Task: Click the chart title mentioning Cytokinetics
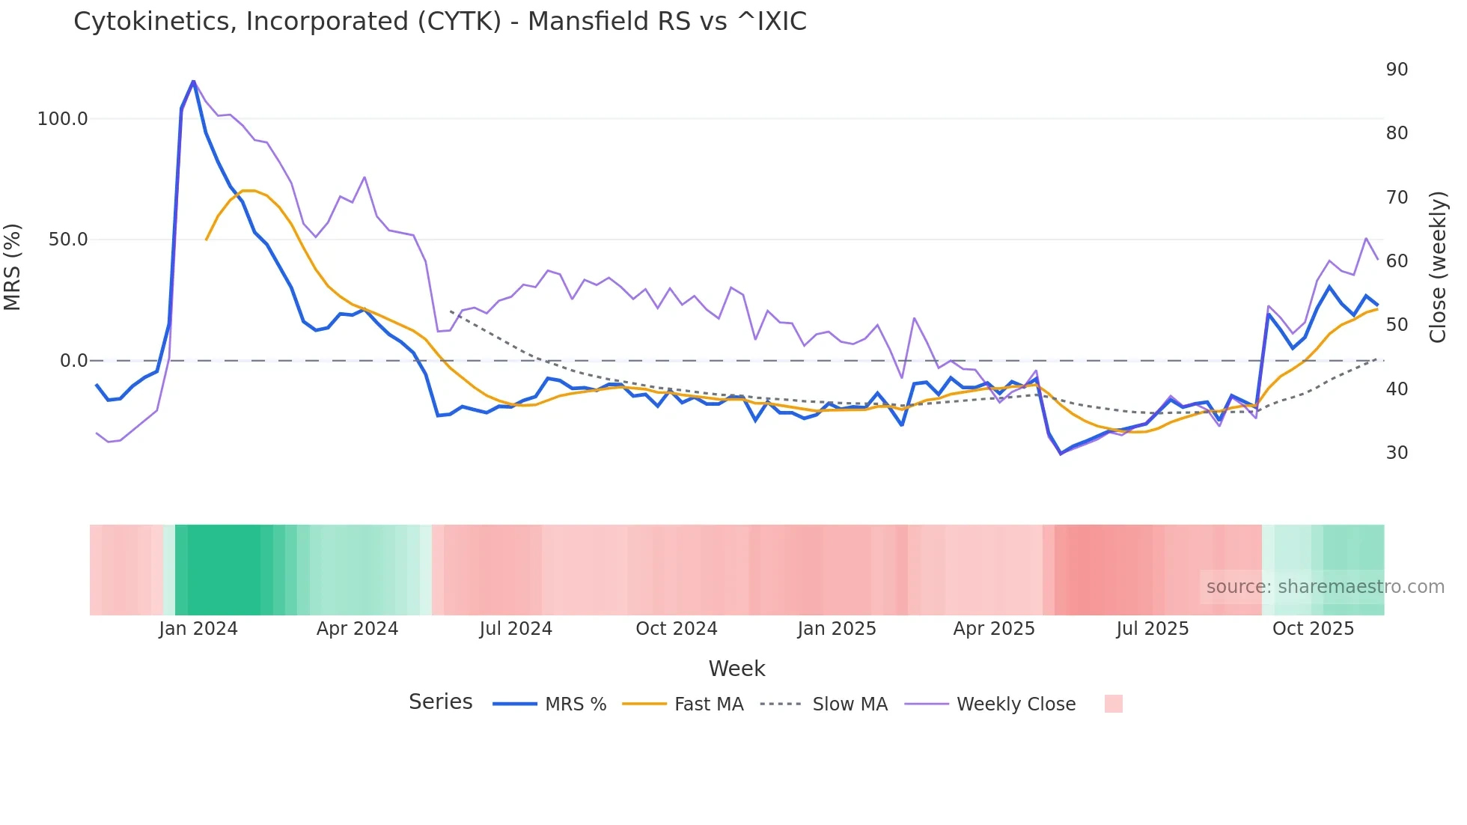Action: tap(440, 22)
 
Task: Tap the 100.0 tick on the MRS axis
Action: tap(62, 119)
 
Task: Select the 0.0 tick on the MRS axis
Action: tap(73, 361)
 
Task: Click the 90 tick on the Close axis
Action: tap(1397, 70)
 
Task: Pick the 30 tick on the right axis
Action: tap(1397, 453)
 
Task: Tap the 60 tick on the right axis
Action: tap(1397, 261)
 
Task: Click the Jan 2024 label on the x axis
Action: tap(198, 629)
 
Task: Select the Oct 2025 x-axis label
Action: tap(1313, 629)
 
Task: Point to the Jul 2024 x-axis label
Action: tap(516, 629)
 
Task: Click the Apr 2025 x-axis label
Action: tap(993, 629)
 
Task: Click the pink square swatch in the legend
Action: tap(1113, 704)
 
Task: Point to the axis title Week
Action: tap(736, 669)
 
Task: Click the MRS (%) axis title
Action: tap(13, 267)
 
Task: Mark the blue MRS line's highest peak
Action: tap(193, 81)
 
